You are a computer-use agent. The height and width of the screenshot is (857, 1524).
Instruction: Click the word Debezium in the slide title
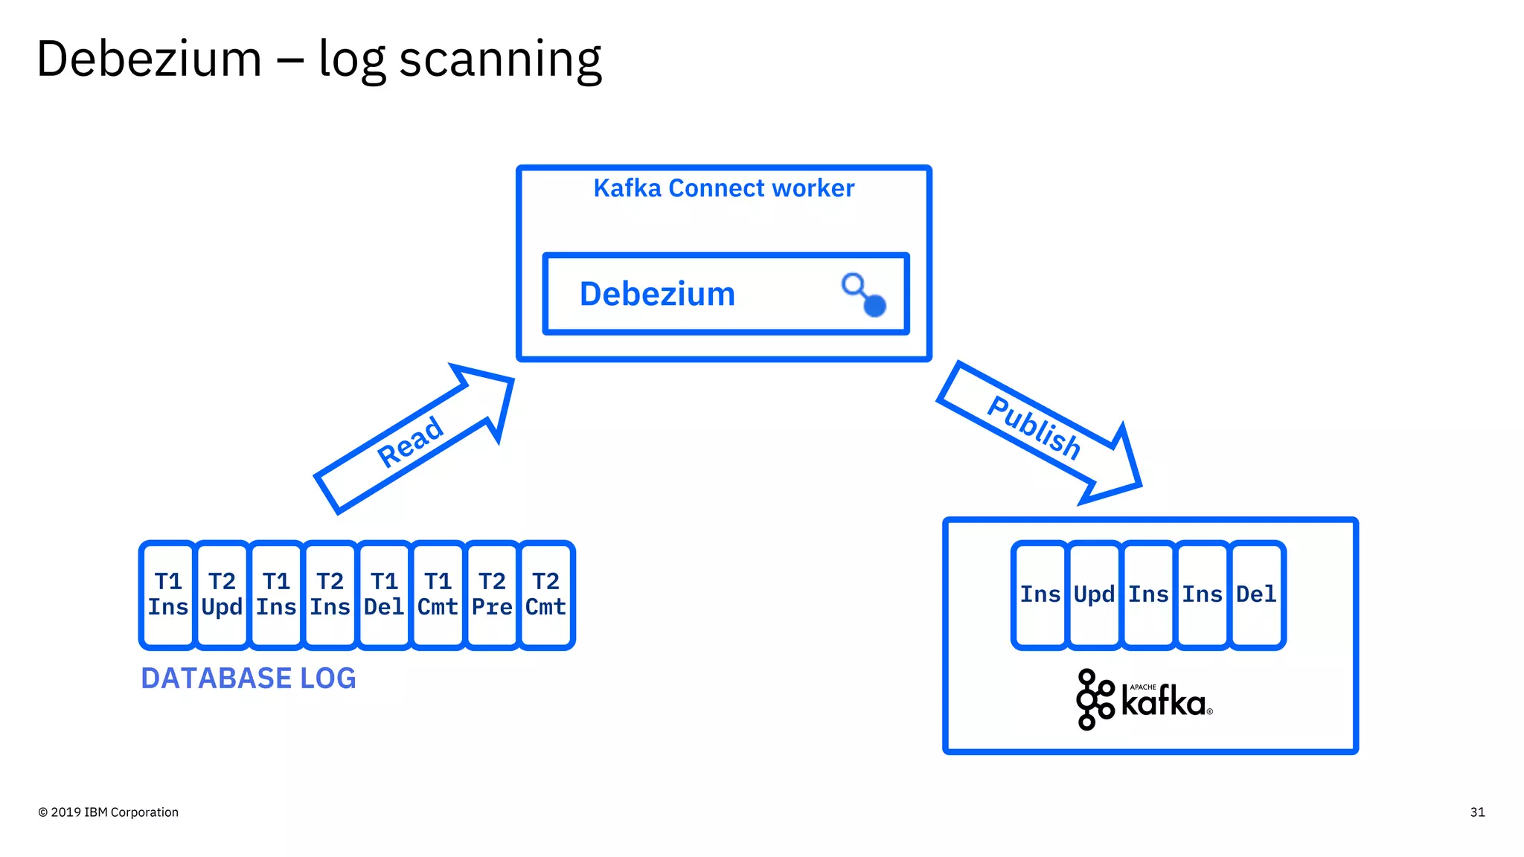[x=149, y=60]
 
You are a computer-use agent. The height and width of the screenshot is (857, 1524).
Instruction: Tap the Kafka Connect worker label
[x=723, y=188]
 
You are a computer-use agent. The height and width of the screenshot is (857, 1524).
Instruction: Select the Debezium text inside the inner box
[x=657, y=295]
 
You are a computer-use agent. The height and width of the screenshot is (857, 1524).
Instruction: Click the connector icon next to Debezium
[x=864, y=295]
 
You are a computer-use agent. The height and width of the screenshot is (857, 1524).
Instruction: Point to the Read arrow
[x=412, y=441]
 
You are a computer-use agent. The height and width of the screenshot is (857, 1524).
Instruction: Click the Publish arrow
[x=1034, y=428]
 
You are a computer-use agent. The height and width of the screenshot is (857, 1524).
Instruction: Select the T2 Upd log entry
[x=222, y=594]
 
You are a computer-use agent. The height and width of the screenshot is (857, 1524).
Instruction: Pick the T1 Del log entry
[x=384, y=594]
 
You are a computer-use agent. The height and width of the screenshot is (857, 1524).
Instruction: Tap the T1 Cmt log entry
[x=438, y=594]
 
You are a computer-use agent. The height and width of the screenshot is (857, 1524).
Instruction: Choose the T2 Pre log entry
[x=492, y=594]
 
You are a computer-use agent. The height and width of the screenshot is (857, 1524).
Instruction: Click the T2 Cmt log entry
[x=546, y=594]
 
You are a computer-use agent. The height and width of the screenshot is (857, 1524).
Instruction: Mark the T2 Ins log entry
[x=330, y=594]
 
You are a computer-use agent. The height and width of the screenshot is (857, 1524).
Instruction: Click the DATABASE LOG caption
[x=249, y=678]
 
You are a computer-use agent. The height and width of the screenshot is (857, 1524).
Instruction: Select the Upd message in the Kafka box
[x=1094, y=594]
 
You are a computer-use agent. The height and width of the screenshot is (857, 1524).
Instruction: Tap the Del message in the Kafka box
[x=1256, y=594]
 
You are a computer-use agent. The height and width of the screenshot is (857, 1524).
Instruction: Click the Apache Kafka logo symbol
[x=1094, y=699]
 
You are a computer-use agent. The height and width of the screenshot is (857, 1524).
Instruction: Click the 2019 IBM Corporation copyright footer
[x=109, y=812]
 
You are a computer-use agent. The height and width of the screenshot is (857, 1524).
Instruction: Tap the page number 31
[x=1477, y=812]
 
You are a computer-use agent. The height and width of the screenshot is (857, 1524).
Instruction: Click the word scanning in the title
[x=500, y=60]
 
